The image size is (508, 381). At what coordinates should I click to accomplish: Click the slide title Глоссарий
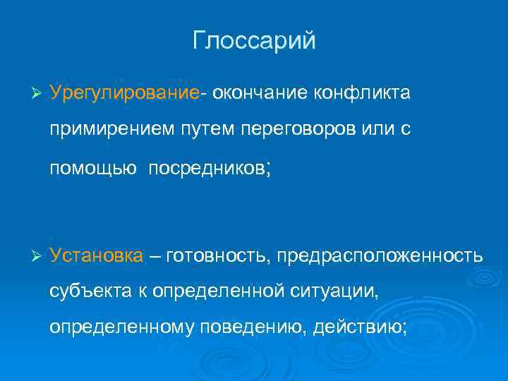254,41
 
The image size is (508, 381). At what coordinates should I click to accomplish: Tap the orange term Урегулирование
125,95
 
